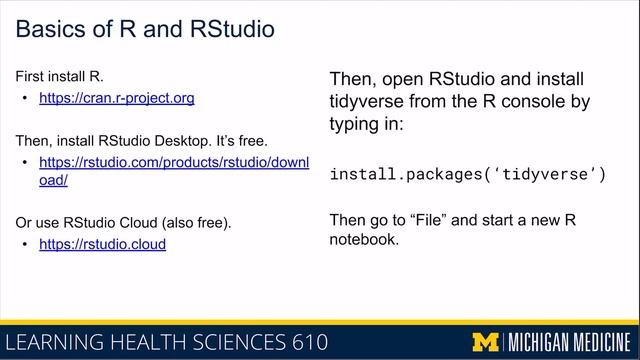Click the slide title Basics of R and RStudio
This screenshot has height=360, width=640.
coord(146,29)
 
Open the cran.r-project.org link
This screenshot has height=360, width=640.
coord(116,98)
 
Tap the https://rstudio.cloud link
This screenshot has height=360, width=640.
coord(102,243)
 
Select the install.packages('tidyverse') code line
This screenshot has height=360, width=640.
coord(468,174)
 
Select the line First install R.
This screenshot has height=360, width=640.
coord(60,76)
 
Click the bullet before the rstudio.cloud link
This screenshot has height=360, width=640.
coord(24,243)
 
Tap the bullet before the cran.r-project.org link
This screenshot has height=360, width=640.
coord(24,98)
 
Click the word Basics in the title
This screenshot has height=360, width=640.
coord(52,29)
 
